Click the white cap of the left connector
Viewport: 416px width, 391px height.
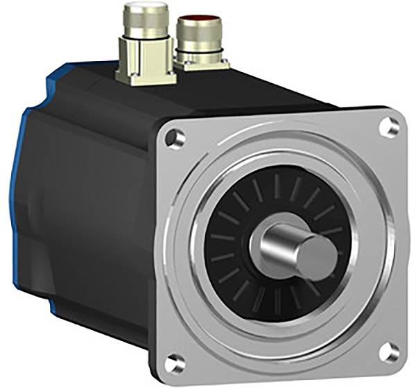pos(141,11)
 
